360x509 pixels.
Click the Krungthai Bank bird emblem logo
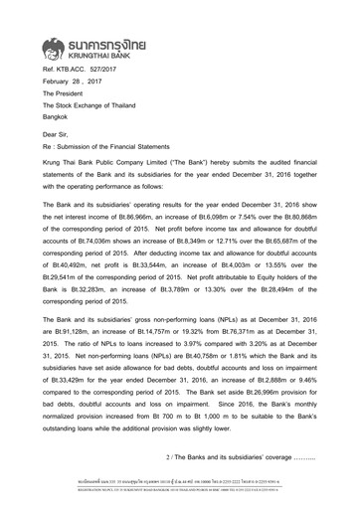(59, 46)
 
